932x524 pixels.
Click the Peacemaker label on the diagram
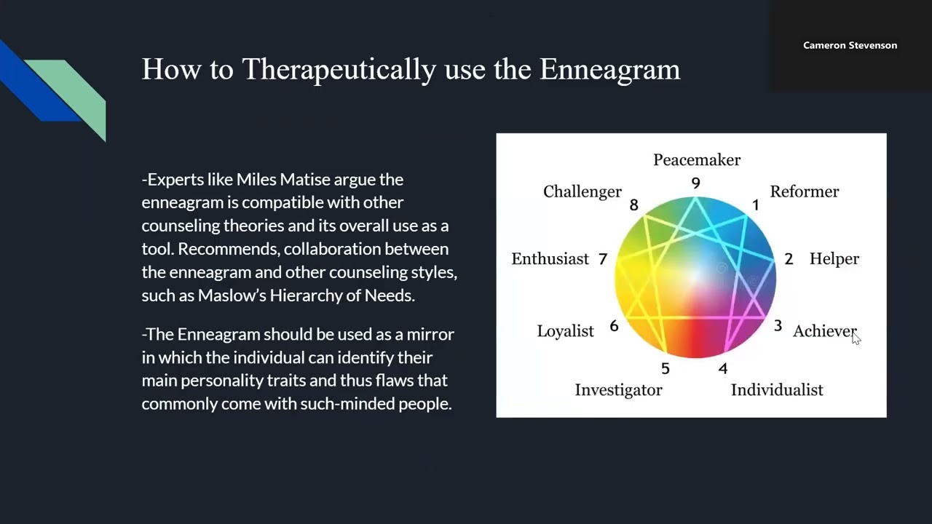coord(696,160)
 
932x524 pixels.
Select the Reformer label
coord(804,191)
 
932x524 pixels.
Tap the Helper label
coord(834,259)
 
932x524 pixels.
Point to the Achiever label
coord(824,331)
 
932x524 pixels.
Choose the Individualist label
coord(776,390)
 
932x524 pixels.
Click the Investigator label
coord(618,390)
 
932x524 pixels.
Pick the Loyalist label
coord(565,331)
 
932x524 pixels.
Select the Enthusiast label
coord(550,259)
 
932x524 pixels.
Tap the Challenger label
coord(582,191)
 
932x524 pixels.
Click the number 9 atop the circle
coord(695,183)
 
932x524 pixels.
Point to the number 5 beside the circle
coord(665,369)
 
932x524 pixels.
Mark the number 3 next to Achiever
coord(778,327)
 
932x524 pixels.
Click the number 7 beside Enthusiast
coord(602,259)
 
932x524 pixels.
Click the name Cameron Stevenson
coord(850,45)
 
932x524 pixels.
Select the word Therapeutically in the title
coord(339,70)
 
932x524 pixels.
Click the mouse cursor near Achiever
coord(856,338)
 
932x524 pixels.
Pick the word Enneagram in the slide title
coord(609,70)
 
